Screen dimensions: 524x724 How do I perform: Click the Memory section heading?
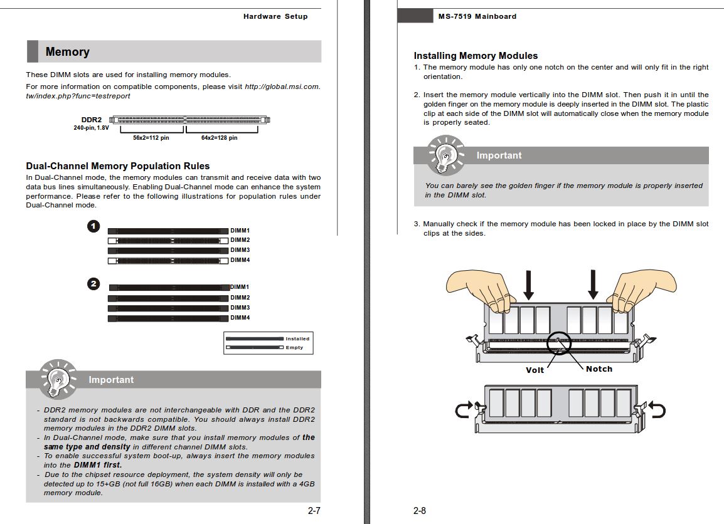67,52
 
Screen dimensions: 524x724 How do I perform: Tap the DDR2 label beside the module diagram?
91,120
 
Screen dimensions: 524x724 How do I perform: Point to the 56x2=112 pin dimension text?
151,138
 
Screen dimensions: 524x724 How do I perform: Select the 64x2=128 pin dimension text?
219,138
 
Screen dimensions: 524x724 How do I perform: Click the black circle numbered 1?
93,226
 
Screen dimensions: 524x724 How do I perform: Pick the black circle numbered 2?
93,284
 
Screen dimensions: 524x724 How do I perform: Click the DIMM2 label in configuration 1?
240,240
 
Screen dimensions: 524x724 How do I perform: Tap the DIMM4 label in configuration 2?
240,318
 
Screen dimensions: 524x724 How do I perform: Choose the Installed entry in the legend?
297,338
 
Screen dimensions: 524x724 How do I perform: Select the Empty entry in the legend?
294,347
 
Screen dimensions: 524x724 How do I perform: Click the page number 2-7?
314,511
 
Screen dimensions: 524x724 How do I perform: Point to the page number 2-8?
420,511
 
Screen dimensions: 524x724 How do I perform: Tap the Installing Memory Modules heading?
476,56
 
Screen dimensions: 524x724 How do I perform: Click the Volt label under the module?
535,370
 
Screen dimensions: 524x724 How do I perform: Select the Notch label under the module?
599,369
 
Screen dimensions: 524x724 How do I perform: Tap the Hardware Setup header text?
275,16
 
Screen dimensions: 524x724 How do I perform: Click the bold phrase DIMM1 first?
98,465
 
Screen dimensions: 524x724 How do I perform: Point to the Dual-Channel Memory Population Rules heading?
117,166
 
